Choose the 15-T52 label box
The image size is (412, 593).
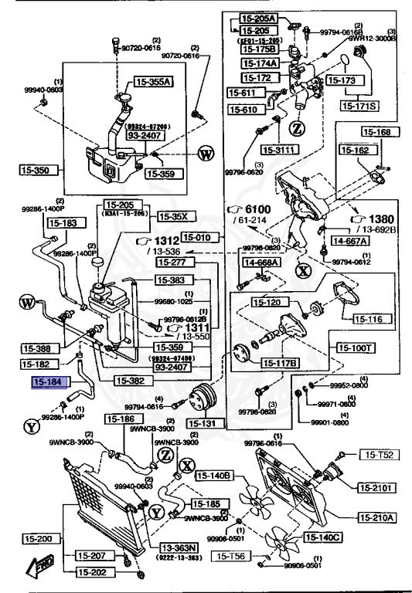[x=380, y=456]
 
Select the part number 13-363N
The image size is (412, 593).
[x=179, y=547]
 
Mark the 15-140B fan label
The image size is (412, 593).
[x=214, y=475]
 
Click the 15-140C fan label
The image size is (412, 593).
[x=323, y=536]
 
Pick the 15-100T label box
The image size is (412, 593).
[x=357, y=349]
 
